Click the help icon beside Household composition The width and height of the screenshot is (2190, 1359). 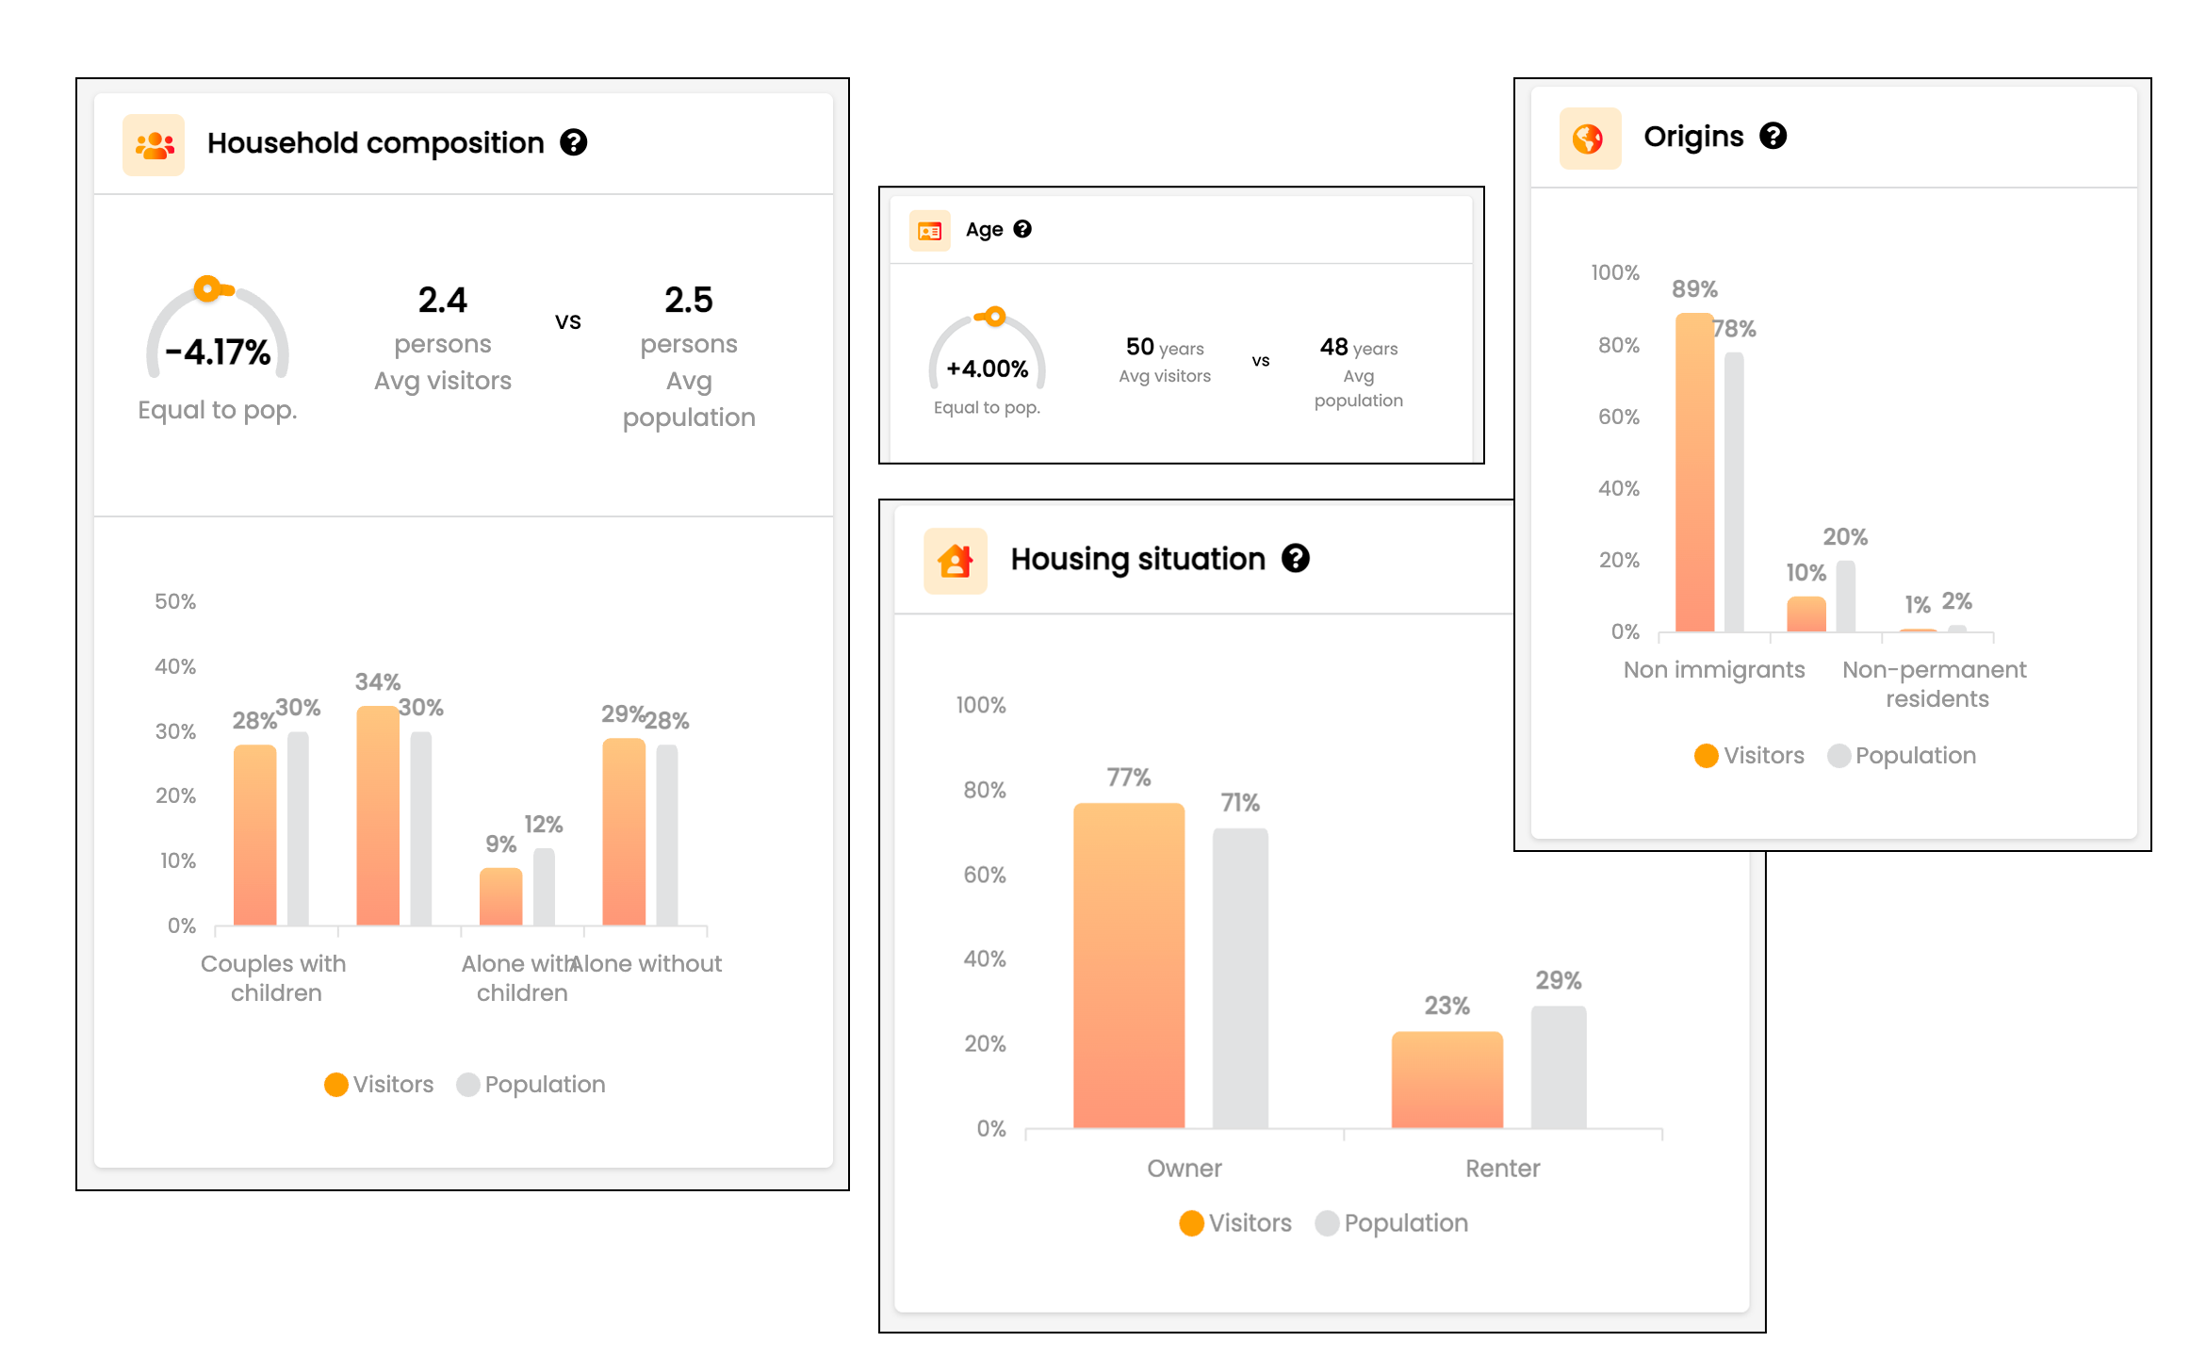pos(574,142)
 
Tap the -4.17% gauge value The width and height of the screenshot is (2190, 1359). pos(218,352)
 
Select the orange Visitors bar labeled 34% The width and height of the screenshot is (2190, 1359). pos(377,815)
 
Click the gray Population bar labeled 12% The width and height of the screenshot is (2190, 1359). pos(544,886)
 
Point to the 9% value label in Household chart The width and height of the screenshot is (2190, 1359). pos(500,843)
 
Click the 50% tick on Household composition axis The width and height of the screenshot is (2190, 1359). pos(175,601)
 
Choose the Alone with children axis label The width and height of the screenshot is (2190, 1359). pos(520,977)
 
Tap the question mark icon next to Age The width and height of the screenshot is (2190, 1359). pos(1022,229)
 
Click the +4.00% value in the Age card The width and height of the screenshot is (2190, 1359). pos(987,368)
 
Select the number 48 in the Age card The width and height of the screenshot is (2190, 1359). pos(1333,347)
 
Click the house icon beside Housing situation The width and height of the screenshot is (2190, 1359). pos(956,561)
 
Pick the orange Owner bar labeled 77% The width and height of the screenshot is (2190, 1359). pos(1128,965)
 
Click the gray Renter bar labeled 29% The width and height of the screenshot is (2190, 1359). pos(1558,1066)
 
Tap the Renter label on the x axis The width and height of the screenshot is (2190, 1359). pos(1502,1169)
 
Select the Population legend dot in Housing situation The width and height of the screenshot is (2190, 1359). pos(1327,1223)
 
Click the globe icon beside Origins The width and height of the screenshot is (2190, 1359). pos(1590,139)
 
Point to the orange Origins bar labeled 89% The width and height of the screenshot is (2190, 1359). pos(1694,471)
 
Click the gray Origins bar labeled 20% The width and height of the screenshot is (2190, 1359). pos(1845,596)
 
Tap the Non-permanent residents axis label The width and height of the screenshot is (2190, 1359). pos(1935,683)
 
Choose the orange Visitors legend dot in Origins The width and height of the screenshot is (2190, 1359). pos(1706,756)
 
